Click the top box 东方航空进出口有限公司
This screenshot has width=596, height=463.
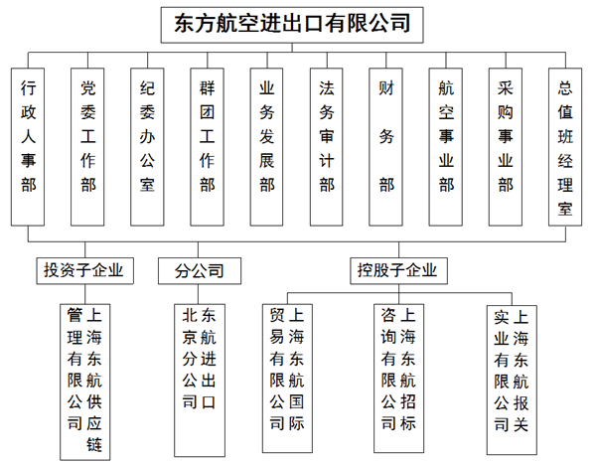pyautogui.click(x=292, y=25)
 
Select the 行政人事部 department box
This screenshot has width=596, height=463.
pyautogui.click(x=28, y=147)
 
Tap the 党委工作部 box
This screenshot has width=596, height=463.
pyautogui.click(x=87, y=147)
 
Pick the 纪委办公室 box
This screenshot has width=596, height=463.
pyautogui.click(x=147, y=147)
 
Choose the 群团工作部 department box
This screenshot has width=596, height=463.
pyautogui.click(x=207, y=147)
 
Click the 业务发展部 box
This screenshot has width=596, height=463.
pyautogui.click(x=266, y=147)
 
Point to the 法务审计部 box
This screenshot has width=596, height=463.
pyautogui.click(x=326, y=147)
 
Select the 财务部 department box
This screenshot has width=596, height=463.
pyautogui.click(x=385, y=147)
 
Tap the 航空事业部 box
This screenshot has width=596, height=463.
pyautogui.click(x=445, y=147)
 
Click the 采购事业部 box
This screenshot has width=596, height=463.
pyautogui.click(x=506, y=147)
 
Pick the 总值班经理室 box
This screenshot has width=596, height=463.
pyautogui.click(x=565, y=147)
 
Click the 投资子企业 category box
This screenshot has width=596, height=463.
pyautogui.click(x=84, y=271)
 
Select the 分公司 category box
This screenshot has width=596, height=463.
pyautogui.click(x=200, y=271)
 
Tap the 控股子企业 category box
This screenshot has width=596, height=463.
pyautogui.click(x=398, y=271)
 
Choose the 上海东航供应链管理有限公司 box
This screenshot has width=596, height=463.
pyautogui.click(x=85, y=383)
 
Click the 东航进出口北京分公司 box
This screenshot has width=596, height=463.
pyautogui.click(x=200, y=381)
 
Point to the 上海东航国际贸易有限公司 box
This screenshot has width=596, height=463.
pyautogui.click(x=287, y=379)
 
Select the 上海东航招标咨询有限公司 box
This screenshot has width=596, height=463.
pyautogui.click(x=398, y=379)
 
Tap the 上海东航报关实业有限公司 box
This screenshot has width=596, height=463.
pyautogui.click(x=512, y=381)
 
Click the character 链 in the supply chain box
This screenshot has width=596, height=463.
pyautogui.click(x=94, y=444)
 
